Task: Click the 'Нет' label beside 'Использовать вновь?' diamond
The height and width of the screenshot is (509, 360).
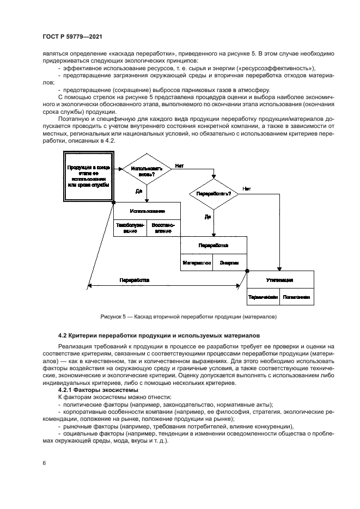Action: (179, 165)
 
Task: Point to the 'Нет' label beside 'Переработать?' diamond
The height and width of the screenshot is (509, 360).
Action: (247, 188)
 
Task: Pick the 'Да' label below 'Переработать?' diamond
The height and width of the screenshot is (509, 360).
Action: (208, 216)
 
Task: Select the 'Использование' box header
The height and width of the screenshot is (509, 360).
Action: (147, 211)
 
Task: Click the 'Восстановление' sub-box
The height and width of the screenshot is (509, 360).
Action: (163, 228)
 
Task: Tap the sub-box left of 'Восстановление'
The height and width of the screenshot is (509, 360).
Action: (130, 228)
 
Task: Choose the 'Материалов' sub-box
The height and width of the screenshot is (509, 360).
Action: (197, 262)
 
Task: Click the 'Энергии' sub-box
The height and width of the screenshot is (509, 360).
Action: (229, 262)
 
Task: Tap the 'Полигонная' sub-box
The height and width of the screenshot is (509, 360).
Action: (297, 297)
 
